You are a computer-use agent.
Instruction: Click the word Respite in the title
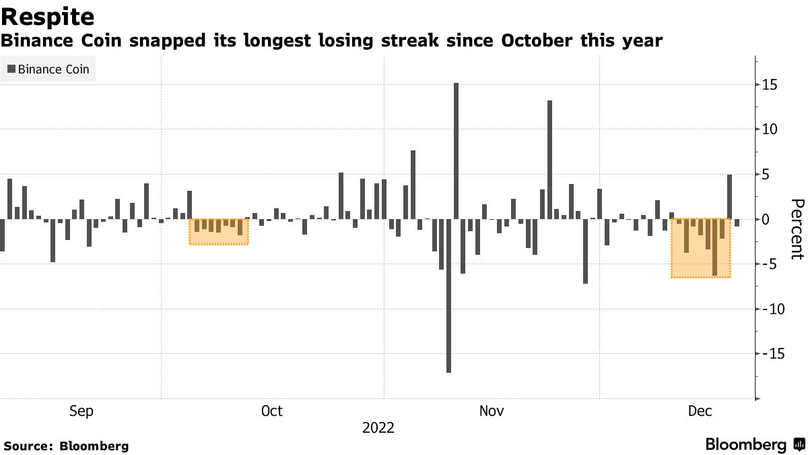48,16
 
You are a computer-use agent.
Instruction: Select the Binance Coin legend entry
48,69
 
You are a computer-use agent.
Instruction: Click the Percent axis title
797,229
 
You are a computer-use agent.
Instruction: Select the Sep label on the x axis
81,411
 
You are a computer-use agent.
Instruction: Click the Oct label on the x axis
271,411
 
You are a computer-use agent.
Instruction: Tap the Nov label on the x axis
492,411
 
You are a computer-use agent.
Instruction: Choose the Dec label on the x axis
700,411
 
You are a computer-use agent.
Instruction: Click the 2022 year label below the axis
378,428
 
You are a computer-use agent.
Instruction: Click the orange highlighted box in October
219,231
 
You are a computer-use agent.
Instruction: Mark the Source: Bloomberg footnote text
66,446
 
